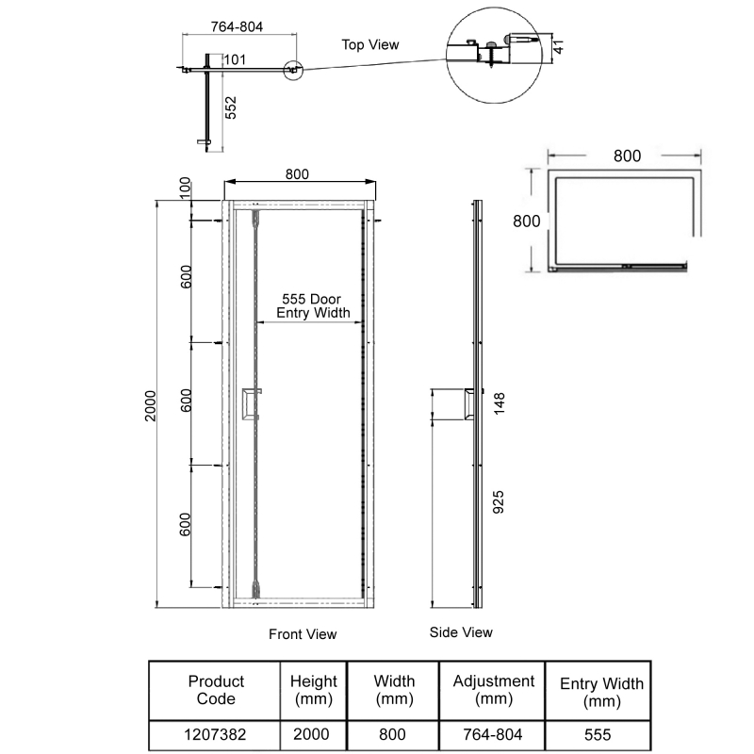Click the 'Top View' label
(x=370, y=44)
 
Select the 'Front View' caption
(x=302, y=634)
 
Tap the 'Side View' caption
(x=461, y=631)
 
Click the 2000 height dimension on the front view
(x=152, y=406)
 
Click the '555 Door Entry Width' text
(x=314, y=305)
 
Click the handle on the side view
(x=467, y=404)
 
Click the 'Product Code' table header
(x=216, y=690)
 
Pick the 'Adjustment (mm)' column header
(x=493, y=690)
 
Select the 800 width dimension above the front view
(x=297, y=173)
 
